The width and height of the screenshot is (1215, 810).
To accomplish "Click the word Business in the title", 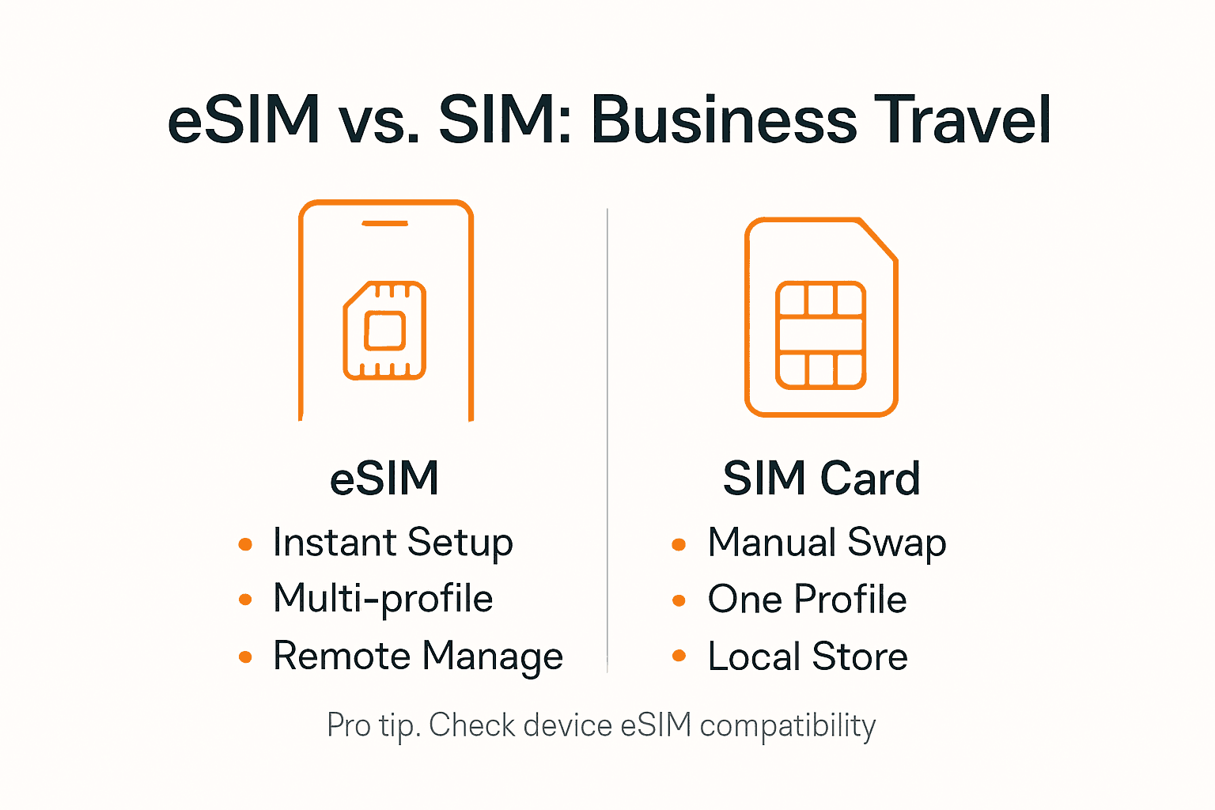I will pos(724,120).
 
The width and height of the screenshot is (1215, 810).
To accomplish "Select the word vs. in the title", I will pos(378,120).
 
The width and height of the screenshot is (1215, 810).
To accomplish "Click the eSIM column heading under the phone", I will pos(384,479).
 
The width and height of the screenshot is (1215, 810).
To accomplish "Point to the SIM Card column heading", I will pos(821,479).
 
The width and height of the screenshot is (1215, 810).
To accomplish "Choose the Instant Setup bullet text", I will pos(392,543).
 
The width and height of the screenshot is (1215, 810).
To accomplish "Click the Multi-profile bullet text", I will pos(383,599).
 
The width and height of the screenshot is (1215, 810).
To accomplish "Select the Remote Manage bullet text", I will pos(418,657).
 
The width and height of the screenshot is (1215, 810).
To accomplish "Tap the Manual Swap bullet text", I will pos(827,543).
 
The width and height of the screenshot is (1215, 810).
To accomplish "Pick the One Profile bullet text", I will pos(807,599).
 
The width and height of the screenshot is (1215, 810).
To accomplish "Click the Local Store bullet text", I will pos(808,657).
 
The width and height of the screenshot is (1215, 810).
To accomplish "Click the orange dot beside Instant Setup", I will pos(245,544).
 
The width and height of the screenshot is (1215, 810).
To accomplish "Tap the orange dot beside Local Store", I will pos(679,656).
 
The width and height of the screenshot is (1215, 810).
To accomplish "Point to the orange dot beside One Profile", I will pos(679,600).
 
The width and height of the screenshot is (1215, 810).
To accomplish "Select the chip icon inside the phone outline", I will pos(384,330).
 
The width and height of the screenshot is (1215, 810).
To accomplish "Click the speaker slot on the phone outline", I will pos(384,224).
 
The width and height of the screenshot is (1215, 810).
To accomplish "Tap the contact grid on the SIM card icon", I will pos(821,335).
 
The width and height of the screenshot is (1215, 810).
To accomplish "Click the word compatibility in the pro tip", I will pos(788,725).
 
